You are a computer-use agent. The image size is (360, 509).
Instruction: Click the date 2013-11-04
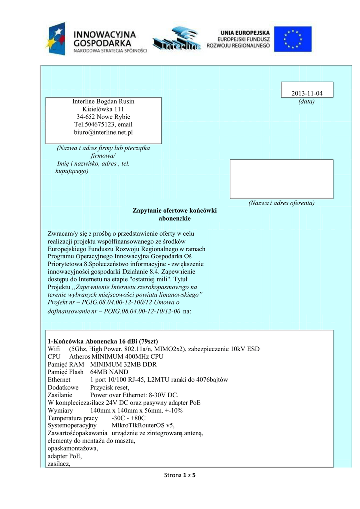pyautogui.click(x=307, y=94)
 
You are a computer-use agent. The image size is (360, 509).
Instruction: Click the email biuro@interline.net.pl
pyautogui.click(x=103, y=132)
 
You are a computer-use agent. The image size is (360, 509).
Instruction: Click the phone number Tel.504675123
pyautogui.click(x=91, y=124)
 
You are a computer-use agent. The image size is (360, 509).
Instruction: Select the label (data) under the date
pyautogui.click(x=307, y=102)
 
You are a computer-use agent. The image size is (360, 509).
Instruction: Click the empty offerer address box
pyautogui.click(x=281, y=179)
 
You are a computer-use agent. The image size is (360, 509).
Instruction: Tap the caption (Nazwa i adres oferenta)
pyautogui.click(x=281, y=203)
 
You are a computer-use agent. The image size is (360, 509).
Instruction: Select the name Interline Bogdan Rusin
pyautogui.click(x=103, y=101)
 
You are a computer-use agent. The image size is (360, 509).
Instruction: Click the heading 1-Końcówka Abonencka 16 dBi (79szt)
pyautogui.click(x=102, y=341)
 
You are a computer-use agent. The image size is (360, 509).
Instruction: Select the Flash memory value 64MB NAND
pyautogui.click(x=109, y=372)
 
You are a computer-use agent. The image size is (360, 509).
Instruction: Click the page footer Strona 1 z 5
pyautogui.click(x=180, y=476)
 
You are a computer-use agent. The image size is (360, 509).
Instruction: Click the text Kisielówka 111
pyautogui.click(x=103, y=109)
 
